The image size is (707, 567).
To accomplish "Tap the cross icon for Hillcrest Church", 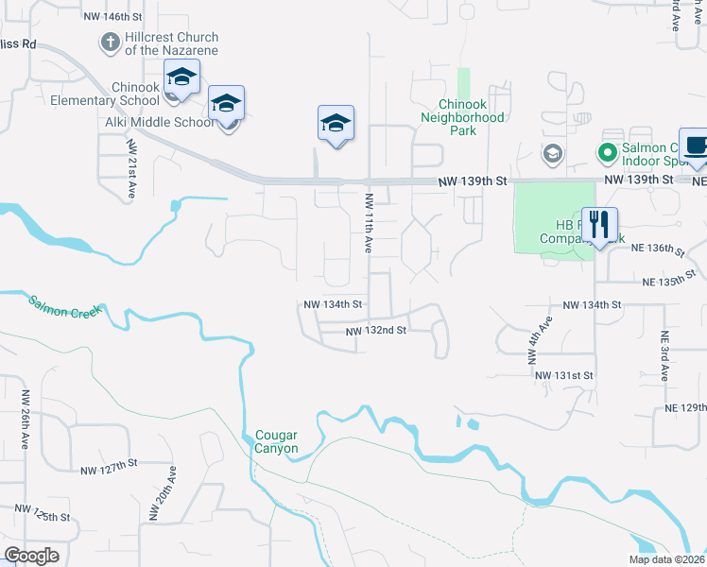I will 110,42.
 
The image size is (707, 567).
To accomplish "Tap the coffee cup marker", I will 696,146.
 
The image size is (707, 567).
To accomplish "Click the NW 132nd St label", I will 375,331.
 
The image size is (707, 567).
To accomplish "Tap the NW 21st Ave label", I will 131,169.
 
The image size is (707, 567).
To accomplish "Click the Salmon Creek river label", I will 63,308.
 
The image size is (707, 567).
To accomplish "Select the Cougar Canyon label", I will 276,441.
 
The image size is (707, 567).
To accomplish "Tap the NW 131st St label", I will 563,375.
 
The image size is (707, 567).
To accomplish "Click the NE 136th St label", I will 658,249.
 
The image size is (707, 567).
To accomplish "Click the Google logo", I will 31,556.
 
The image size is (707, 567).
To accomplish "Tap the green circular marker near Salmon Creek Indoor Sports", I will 606,151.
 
